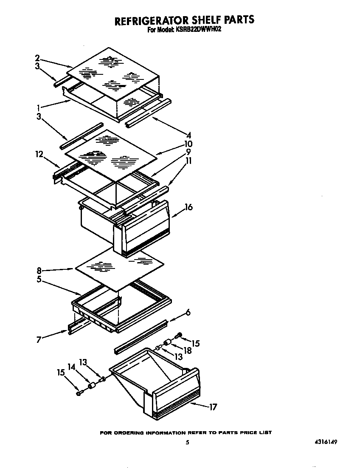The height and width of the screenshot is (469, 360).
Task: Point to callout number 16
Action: (188, 207)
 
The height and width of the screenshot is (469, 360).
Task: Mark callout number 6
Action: (188, 313)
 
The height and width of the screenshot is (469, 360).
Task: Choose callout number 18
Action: (187, 350)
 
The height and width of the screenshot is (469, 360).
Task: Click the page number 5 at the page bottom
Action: (187, 442)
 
